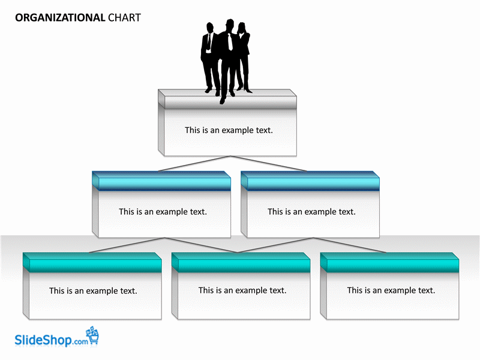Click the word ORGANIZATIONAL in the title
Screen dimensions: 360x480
pyautogui.click(x=60, y=17)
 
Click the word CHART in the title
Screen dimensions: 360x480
pyautogui.click(x=124, y=17)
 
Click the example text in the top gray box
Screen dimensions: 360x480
pyautogui.click(x=229, y=130)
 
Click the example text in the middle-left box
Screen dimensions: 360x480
pyautogui.click(x=163, y=212)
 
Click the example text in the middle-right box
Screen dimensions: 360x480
pyautogui.click(x=311, y=212)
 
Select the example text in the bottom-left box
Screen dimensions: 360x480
pyautogui.click(x=93, y=291)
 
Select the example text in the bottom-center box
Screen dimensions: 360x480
pyautogui.click(x=242, y=290)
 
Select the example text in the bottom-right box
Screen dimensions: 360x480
pyautogui.click(x=391, y=290)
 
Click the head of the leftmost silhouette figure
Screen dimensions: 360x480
pyautogui.click(x=210, y=27)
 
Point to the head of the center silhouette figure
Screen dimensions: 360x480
pyautogui.click(x=229, y=23)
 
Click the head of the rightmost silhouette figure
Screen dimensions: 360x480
pyautogui.click(x=242, y=26)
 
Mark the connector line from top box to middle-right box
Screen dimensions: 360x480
pyautogui.click(x=270, y=164)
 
